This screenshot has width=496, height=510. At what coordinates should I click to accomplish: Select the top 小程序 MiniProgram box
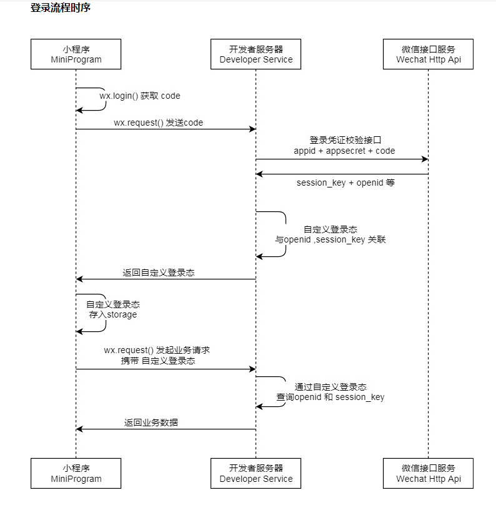pyautogui.click(x=76, y=54)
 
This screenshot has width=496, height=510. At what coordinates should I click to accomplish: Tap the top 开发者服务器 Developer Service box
pyautogui.click(x=255, y=54)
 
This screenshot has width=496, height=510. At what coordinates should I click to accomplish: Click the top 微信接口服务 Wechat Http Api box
pyautogui.click(x=428, y=54)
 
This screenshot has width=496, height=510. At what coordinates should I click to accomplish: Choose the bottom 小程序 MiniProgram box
pyautogui.click(x=76, y=473)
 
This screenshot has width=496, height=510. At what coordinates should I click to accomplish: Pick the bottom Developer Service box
pyautogui.click(x=255, y=473)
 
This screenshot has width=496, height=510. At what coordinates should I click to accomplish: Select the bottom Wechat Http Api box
pyautogui.click(x=428, y=473)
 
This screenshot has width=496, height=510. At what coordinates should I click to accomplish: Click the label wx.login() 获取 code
pyautogui.click(x=140, y=96)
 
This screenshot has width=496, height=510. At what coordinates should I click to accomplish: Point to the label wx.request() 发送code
pyautogui.click(x=158, y=123)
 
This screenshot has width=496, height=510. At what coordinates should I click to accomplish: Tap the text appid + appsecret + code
pyautogui.click(x=344, y=151)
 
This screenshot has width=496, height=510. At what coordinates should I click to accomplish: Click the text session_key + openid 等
pyautogui.click(x=345, y=182)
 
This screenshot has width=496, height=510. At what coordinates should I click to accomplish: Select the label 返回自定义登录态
pyautogui.click(x=159, y=272)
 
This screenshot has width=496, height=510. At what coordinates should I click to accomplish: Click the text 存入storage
pyautogui.click(x=112, y=314)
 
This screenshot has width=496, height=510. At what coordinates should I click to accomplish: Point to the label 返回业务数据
pyautogui.click(x=151, y=422)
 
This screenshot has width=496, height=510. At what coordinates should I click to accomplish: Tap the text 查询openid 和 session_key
pyautogui.click(x=330, y=397)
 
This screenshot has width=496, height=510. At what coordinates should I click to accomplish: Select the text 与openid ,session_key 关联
pyautogui.click(x=330, y=239)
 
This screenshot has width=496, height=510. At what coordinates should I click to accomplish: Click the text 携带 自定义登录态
pyautogui.click(x=158, y=361)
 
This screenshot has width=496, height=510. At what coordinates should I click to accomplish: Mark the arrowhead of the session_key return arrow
pyautogui.click(x=259, y=174)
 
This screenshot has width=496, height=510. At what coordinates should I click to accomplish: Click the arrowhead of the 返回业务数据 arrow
pyautogui.click(x=79, y=429)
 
